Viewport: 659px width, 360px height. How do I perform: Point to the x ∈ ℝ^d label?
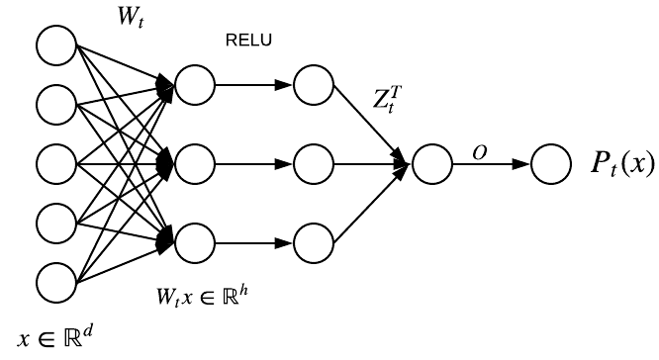(45, 336)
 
